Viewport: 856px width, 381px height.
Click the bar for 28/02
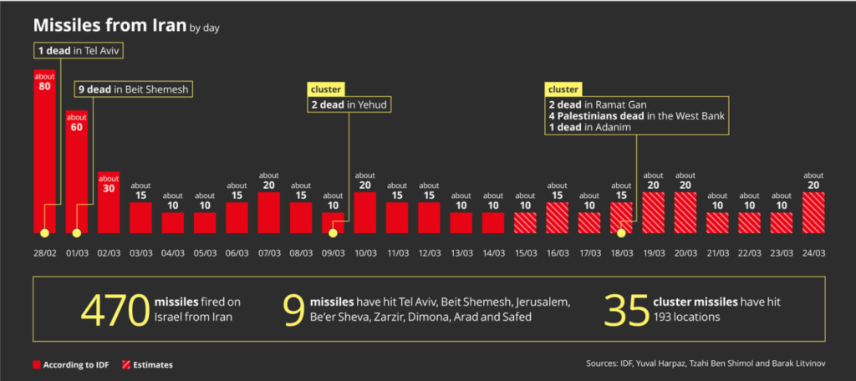(x=45, y=150)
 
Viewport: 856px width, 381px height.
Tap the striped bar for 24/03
(x=813, y=212)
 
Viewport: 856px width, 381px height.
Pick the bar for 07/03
(x=269, y=212)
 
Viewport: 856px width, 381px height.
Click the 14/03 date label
(x=493, y=251)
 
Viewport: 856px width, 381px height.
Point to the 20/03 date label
(x=685, y=251)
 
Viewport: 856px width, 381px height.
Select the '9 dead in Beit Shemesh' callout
(x=134, y=89)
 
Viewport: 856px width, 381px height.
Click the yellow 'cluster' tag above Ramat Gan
(x=563, y=89)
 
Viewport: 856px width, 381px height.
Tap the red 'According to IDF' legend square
(x=36, y=365)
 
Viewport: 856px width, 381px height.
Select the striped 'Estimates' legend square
(x=127, y=365)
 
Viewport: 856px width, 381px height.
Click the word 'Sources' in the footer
(x=606, y=364)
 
